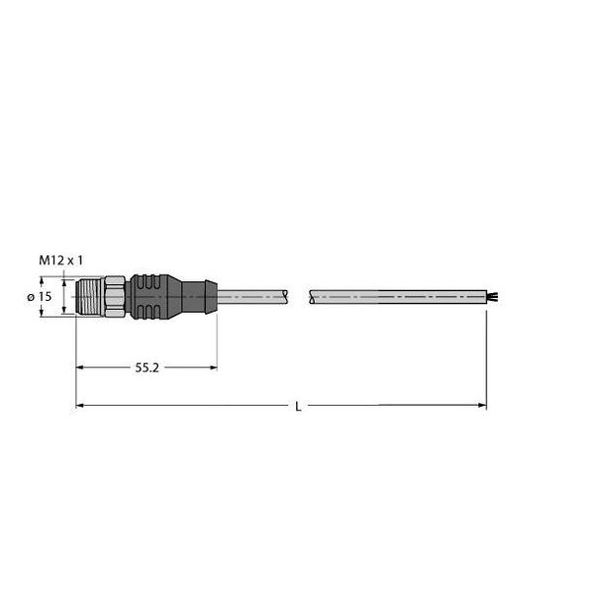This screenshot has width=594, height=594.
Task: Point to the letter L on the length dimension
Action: pyautogui.click(x=298, y=406)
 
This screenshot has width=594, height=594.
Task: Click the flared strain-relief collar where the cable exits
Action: pyautogui.click(x=206, y=296)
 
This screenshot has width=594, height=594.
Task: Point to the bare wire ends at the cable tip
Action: pyautogui.click(x=490, y=296)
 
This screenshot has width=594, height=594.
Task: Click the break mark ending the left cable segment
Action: pyautogui.click(x=287, y=296)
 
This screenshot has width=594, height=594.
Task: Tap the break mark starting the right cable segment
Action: pyautogui.click(x=313, y=296)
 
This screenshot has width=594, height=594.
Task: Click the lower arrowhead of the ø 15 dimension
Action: pyautogui.click(x=43, y=313)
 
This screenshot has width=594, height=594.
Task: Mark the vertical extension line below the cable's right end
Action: pyautogui.click(x=485, y=356)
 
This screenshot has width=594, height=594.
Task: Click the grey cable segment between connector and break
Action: pyautogui.click(x=252, y=296)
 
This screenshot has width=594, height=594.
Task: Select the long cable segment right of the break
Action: pyautogui.click(x=396, y=296)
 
